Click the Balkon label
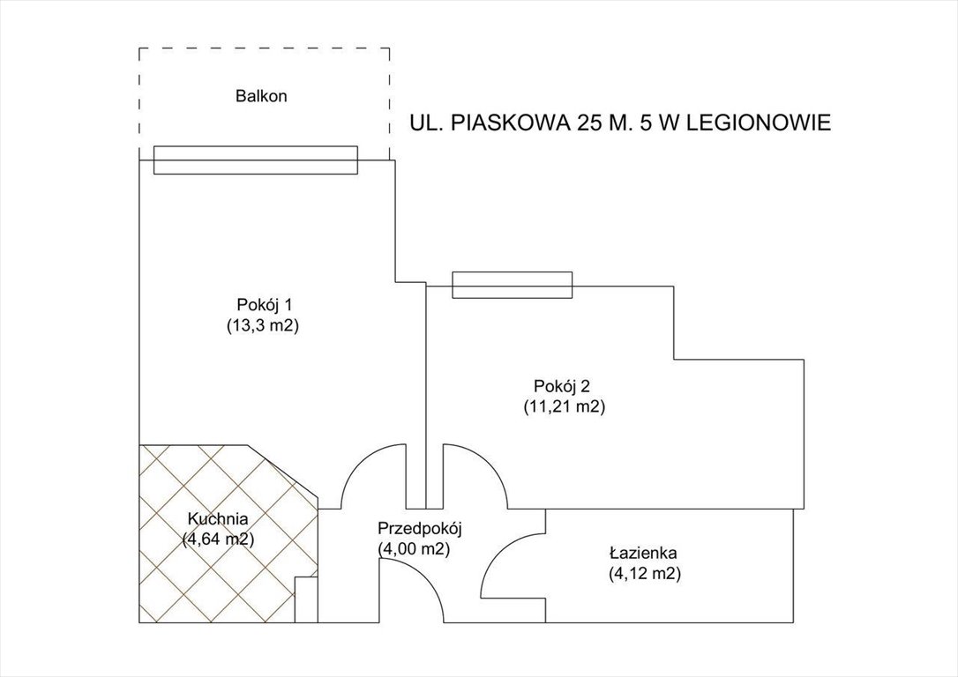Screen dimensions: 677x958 tap(261, 96)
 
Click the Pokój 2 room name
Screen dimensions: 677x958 tap(563, 386)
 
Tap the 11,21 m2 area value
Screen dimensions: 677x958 tap(563, 406)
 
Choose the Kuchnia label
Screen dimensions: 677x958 tap(217, 519)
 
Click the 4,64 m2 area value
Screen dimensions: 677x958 tap(218, 539)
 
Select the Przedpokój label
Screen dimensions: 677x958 tap(420, 529)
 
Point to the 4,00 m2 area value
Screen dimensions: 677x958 tap(415, 549)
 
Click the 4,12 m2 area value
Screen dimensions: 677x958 tap(644, 574)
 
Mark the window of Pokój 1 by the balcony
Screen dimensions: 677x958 tap(256, 160)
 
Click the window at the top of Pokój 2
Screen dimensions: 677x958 tap(512, 286)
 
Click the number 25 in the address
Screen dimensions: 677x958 tap(589, 123)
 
